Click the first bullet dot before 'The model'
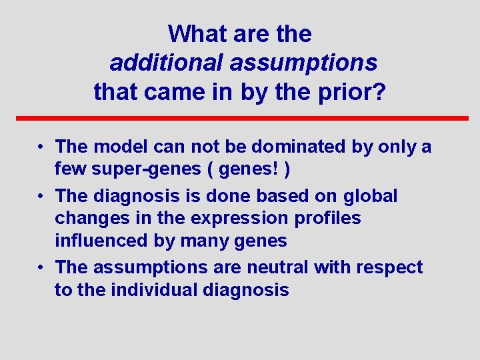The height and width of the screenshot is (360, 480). coord(41,146)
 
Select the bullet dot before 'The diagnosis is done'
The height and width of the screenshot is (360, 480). coord(41,196)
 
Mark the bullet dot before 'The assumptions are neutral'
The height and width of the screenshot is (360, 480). coord(41,267)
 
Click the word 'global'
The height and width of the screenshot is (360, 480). coord(371,196)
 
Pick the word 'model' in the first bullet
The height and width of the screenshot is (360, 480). coord(121,146)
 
